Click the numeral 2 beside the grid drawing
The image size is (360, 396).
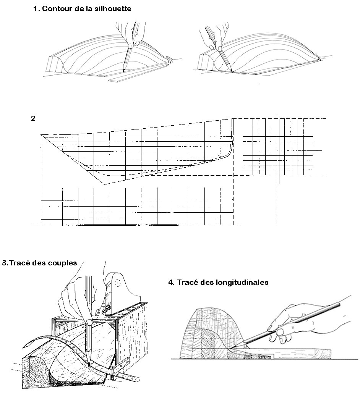pyautogui.click(x=33, y=118)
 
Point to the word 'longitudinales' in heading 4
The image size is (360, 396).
pyautogui.click(x=242, y=282)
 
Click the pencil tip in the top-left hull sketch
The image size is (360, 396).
pyautogui.click(x=123, y=72)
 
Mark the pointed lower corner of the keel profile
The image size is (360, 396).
pyautogui.click(x=105, y=184)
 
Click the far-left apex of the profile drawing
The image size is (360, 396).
pyautogui.click(x=41, y=135)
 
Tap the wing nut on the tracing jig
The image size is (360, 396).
pyautogui.click(x=107, y=308)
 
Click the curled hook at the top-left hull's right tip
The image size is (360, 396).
pyautogui.click(x=170, y=60)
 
